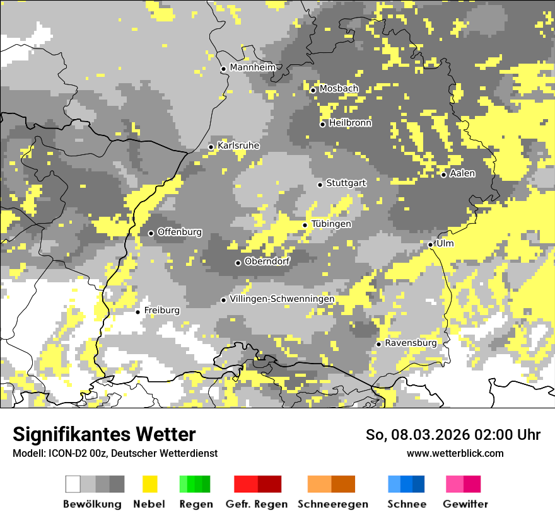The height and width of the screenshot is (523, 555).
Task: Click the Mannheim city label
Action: pyautogui.click(x=253, y=67)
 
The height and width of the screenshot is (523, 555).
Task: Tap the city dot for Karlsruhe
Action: pyautogui.click(x=211, y=147)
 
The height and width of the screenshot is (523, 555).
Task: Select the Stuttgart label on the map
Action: pyautogui.click(x=346, y=183)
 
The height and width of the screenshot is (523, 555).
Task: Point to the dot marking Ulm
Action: pyautogui.click(x=430, y=244)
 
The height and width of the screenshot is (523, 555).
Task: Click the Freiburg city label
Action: pyautogui.click(x=161, y=311)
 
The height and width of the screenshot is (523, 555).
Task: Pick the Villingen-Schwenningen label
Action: pyautogui.click(x=282, y=299)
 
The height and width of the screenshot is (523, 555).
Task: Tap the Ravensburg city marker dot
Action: pyautogui.click(x=378, y=344)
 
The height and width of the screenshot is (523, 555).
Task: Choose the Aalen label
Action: pyautogui.click(x=462, y=173)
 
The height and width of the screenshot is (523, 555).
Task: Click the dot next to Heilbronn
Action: pyautogui.click(x=322, y=124)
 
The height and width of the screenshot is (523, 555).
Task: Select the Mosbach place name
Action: pyautogui.click(x=339, y=89)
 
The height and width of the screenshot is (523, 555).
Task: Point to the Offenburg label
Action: pyautogui.click(x=180, y=232)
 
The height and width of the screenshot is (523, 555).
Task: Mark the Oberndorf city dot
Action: pyautogui.click(x=238, y=263)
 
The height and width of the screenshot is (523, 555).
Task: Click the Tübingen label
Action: pyautogui.click(x=331, y=224)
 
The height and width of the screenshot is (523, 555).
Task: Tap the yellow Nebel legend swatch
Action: pyautogui.click(x=149, y=484)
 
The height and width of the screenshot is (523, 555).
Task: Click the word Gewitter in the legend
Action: pyautogui.click(x=465, y=504)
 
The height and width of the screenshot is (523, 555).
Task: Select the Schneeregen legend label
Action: pyautogui.click(x=333, y=504)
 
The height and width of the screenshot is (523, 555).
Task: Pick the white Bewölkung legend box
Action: pyautogui.click(x=73, y=484)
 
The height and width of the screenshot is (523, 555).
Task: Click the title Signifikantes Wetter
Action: pyautogui.click(x=104, y=435)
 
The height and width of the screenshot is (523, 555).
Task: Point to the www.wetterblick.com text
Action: pyautogui.click(x=455, y=454)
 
